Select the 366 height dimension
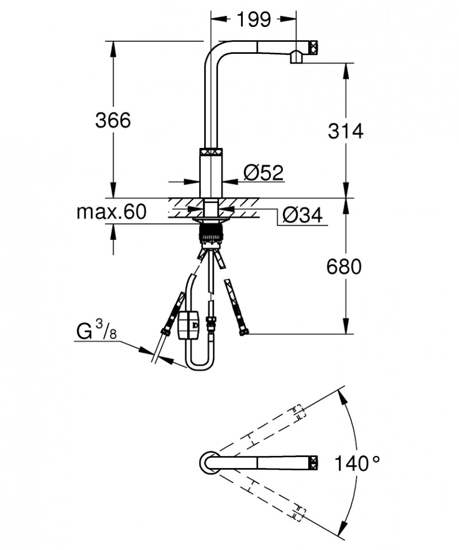pyautogui.click(x=113, y=120)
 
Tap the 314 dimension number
pyautogui.click(x=345, y=131)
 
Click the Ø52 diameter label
pyautogui.click(x=263, y=172)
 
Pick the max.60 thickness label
pyautogui.click(x=111, y=212)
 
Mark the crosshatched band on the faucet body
pyautogui.click(x=211, y=152)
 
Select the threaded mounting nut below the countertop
pyautogui.click(x=211, y=232)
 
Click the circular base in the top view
pyautogui.click(x=208, y=462)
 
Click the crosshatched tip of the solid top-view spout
pyautogui.click(x=314, y=462)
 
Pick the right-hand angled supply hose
pyautogui.click(x=236, y=308)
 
